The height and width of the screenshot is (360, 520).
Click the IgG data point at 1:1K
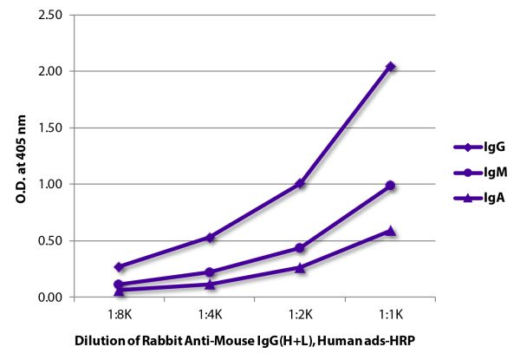coord(390,66)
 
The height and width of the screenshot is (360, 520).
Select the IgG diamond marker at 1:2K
coord(300,183)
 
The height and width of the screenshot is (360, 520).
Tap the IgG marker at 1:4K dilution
coord(210,237)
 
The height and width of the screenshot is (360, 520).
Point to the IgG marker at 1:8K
coord(119,267)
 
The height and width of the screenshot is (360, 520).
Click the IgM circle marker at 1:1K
coord(390,185)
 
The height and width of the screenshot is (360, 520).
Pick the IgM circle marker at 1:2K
coord(300,248)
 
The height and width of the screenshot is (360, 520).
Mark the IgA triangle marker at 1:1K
coord(390,231)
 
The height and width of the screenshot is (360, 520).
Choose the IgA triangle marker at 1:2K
coord(300,268)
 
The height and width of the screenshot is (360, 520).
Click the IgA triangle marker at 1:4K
coord(210,285)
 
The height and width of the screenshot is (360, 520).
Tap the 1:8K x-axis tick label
coord(119,313)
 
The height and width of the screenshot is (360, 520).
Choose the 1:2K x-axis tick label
coord(300,313)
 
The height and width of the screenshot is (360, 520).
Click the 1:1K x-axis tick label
coord(390,313)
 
